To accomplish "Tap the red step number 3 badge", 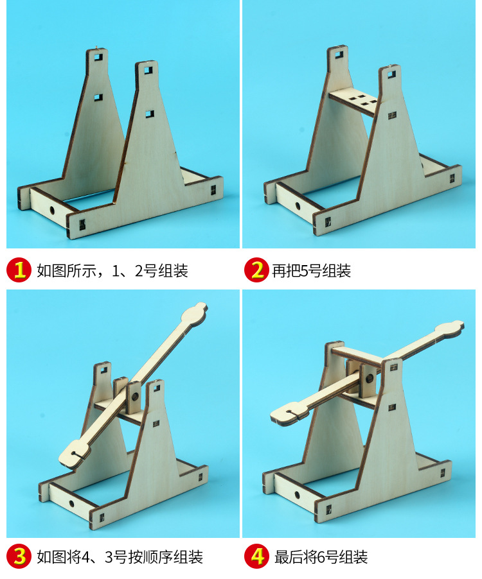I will (20, 556).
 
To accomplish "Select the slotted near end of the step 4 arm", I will (287, 412).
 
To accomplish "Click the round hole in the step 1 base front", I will (51, 210).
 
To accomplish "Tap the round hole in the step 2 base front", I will (298, 207).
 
